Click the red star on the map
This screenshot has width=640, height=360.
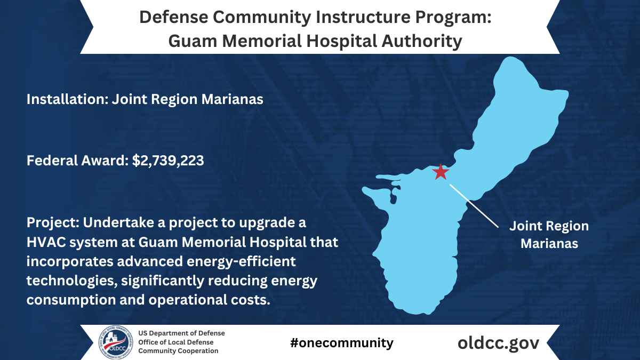point(441,172)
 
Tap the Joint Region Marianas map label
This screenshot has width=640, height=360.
point(549,235)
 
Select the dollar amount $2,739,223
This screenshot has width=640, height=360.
point(168,161)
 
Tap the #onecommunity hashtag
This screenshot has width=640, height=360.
point(342,342)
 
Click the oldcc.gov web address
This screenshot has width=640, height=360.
point(499,342)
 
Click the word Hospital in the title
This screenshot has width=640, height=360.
point(338,41)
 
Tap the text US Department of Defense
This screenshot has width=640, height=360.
point(181,333)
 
